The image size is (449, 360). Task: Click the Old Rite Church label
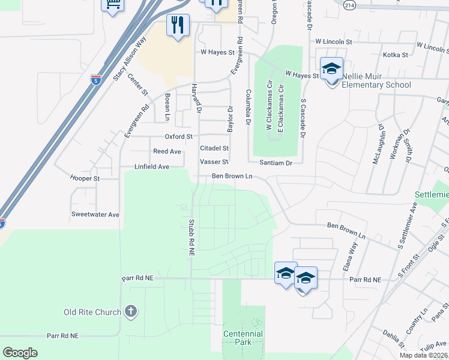click(x=93, y=312)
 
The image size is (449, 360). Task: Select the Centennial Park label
click(x=243, y=338)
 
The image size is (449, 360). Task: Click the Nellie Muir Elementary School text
click(x=376, y=80)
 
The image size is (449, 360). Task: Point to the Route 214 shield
click(x=349, y=4)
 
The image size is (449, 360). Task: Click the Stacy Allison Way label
click(x=130, y=59)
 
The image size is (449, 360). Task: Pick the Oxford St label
click(x=179, y=137)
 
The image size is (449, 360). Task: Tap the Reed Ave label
click(x=167, y=152)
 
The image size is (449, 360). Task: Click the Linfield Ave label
click(x=152, y=166)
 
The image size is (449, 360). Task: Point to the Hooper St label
click(x=85, y=178)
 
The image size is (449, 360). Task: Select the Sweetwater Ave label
click(x=95, y=214)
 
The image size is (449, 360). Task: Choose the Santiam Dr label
click(x=276, y=163)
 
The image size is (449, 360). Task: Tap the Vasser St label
click(x=214, y=162)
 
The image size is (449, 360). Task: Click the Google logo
click(x=20, y=353)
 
